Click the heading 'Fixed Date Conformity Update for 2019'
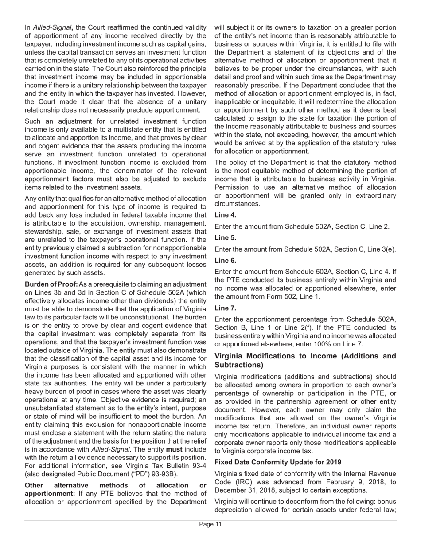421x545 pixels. point(278,462)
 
